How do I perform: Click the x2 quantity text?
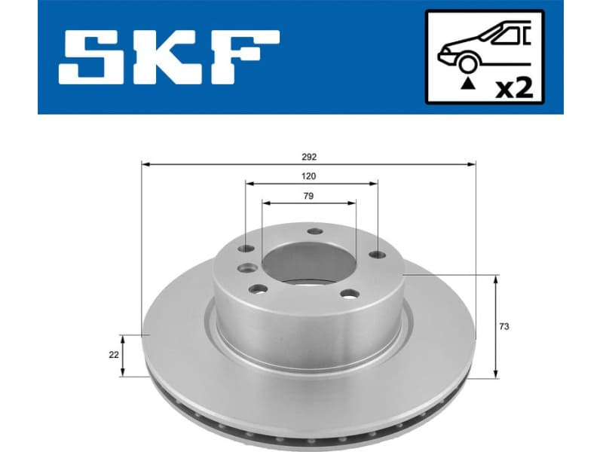tap(513, 88)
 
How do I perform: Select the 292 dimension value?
tap(309, 157)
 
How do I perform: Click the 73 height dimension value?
tap(504, 326)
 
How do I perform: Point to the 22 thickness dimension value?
tap(114, 354)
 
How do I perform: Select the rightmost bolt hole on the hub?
tap(374, 255)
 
